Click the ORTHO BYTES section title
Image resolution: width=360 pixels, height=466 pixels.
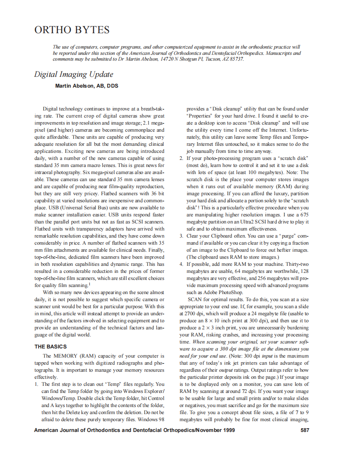(72, 30)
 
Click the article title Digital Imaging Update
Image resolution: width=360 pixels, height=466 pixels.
(74, 74)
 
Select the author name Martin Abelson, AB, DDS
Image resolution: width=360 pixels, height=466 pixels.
(87, 86)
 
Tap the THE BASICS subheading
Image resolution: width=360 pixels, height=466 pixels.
(50, 346)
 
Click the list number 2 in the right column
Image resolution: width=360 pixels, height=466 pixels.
(181, 158)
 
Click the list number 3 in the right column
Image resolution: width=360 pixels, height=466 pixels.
(181, 236)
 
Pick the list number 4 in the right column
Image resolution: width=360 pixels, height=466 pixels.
(181, 264)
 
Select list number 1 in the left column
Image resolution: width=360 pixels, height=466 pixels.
(36, 384)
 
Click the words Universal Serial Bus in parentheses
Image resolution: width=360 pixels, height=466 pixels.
(81, 207)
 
